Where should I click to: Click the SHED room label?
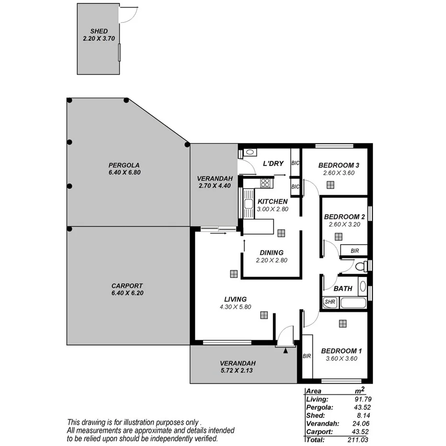pyautogui.click(x=98, y=31)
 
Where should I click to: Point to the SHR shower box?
pyautogui.click(x=330, y=302)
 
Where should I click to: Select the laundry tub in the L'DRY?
pyautogui.click(x=249, y=153)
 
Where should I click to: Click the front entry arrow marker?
pyautogui.click(x=286, y=351)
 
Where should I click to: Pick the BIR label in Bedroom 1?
pyautogui.click(x=307, y=356)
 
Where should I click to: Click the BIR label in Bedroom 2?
pyautogui.click(x=355, y=250)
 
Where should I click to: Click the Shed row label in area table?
pyautogui.click(x=315, y=415)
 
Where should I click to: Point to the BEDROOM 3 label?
pyautogui.click(x=339, y=165)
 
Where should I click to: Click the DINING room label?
pyautogui.click(x=271, y=253)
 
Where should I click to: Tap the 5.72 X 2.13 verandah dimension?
pyautogui.click(x=237, y=370)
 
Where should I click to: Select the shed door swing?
pyautogui.click(x=127, y=15)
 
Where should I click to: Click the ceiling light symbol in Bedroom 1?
pyautogui.click(x=343, y=323)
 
